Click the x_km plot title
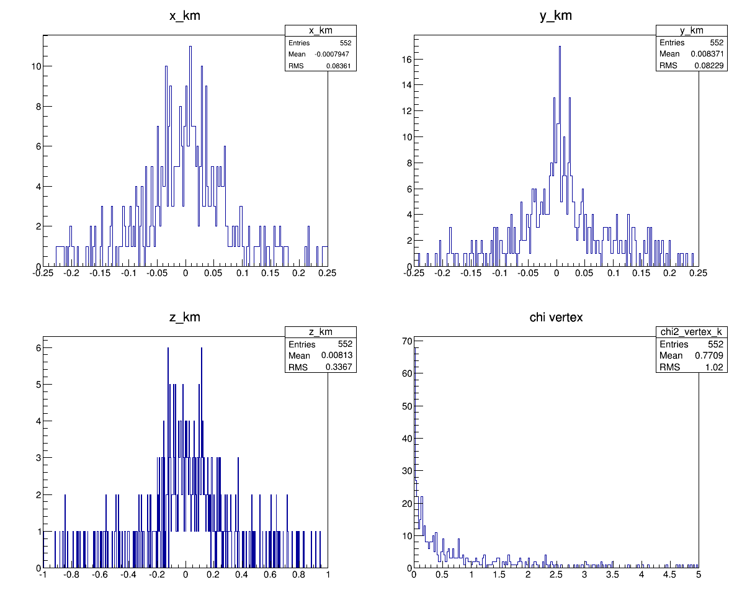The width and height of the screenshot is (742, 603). click(x=185, y=17)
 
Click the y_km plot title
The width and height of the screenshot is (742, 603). click(x=556, y=17)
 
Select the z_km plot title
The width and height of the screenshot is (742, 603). click(x=185, y=318)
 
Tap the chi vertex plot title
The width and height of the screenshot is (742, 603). click(x=556, y=318)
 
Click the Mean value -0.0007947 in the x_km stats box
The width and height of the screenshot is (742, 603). click(x=335, y=55)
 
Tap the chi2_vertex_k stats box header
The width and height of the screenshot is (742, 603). click(x=692, y=333)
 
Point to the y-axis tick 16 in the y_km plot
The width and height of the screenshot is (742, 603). click(x=405, y=59)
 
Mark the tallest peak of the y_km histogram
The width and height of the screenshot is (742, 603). click(x=560, y=47)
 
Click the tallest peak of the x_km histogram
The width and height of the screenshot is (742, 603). click(x=190, y=47)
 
